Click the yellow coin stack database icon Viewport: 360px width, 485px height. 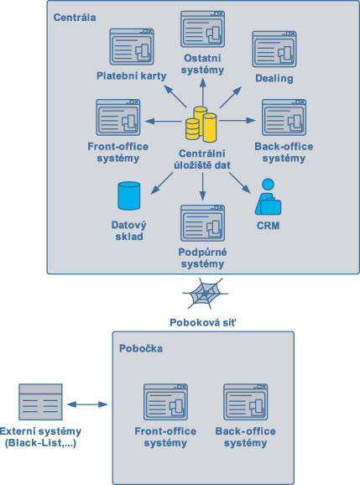(201, 124)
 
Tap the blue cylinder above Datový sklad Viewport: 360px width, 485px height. (129, 196)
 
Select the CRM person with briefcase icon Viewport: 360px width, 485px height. (268, 196)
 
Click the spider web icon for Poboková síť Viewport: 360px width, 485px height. (205, 294)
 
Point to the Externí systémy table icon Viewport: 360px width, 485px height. (40, 402)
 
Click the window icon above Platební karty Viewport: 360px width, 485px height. (132, 47)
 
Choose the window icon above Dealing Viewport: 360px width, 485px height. (274, 49)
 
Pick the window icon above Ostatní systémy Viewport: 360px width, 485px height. (202, 29)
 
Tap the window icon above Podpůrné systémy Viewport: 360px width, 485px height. (202, 223)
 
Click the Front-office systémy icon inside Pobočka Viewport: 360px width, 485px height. (166, 402)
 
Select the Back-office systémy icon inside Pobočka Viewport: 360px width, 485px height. (246, 402)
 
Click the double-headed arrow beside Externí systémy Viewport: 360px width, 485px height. (87, 404)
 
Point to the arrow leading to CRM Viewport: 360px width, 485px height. (240, 183)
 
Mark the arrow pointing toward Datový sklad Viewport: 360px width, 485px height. (162, 183)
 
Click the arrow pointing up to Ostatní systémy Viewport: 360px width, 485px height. (203, 91)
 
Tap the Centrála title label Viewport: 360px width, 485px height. (75, 18)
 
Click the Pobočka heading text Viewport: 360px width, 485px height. (141, 348)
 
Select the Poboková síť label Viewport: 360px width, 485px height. (203, 322)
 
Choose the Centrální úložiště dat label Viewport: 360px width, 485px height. (202, 159)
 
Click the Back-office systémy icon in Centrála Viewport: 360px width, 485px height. (284, 117)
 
